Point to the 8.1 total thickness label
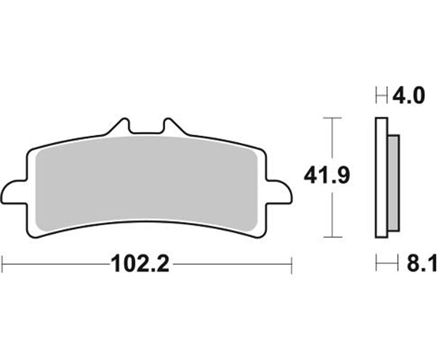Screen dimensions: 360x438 click(x=422, y=265)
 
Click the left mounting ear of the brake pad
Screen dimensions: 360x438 click(x=14, y=193)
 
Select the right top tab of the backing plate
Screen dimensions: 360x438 click(x=171, y=126)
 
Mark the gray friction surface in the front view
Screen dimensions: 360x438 click(x=146, y=181)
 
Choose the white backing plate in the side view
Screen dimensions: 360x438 click(x=382, y=178)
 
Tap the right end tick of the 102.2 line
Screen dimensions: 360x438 click(x=291, y=265)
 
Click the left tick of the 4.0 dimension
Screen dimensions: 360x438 click(x=377, y=96)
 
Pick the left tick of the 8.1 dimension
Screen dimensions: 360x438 click(x=377, y=265)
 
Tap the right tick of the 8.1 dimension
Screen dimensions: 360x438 click(x=399, y=265)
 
